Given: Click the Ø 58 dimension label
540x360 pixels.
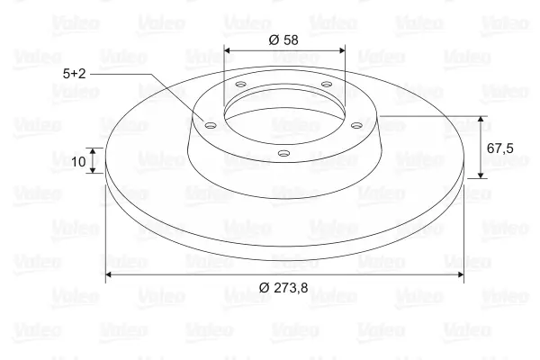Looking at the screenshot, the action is [283, 40].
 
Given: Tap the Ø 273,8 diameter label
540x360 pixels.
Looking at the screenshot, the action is [283, 287].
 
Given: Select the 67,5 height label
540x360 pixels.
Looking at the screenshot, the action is [499, 148].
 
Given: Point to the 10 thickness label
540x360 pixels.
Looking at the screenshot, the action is [78, 161].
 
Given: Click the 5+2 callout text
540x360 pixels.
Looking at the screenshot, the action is [74, 74].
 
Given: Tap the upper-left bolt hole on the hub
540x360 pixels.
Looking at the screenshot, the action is [241, 84].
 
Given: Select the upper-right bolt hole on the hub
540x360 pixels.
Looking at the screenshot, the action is [326, 84].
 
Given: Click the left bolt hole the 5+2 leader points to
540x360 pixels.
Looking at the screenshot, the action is [210, 125].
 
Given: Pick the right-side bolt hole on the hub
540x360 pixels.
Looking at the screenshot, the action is [356, 125].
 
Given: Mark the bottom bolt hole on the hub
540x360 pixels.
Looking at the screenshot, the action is [283, 153].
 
